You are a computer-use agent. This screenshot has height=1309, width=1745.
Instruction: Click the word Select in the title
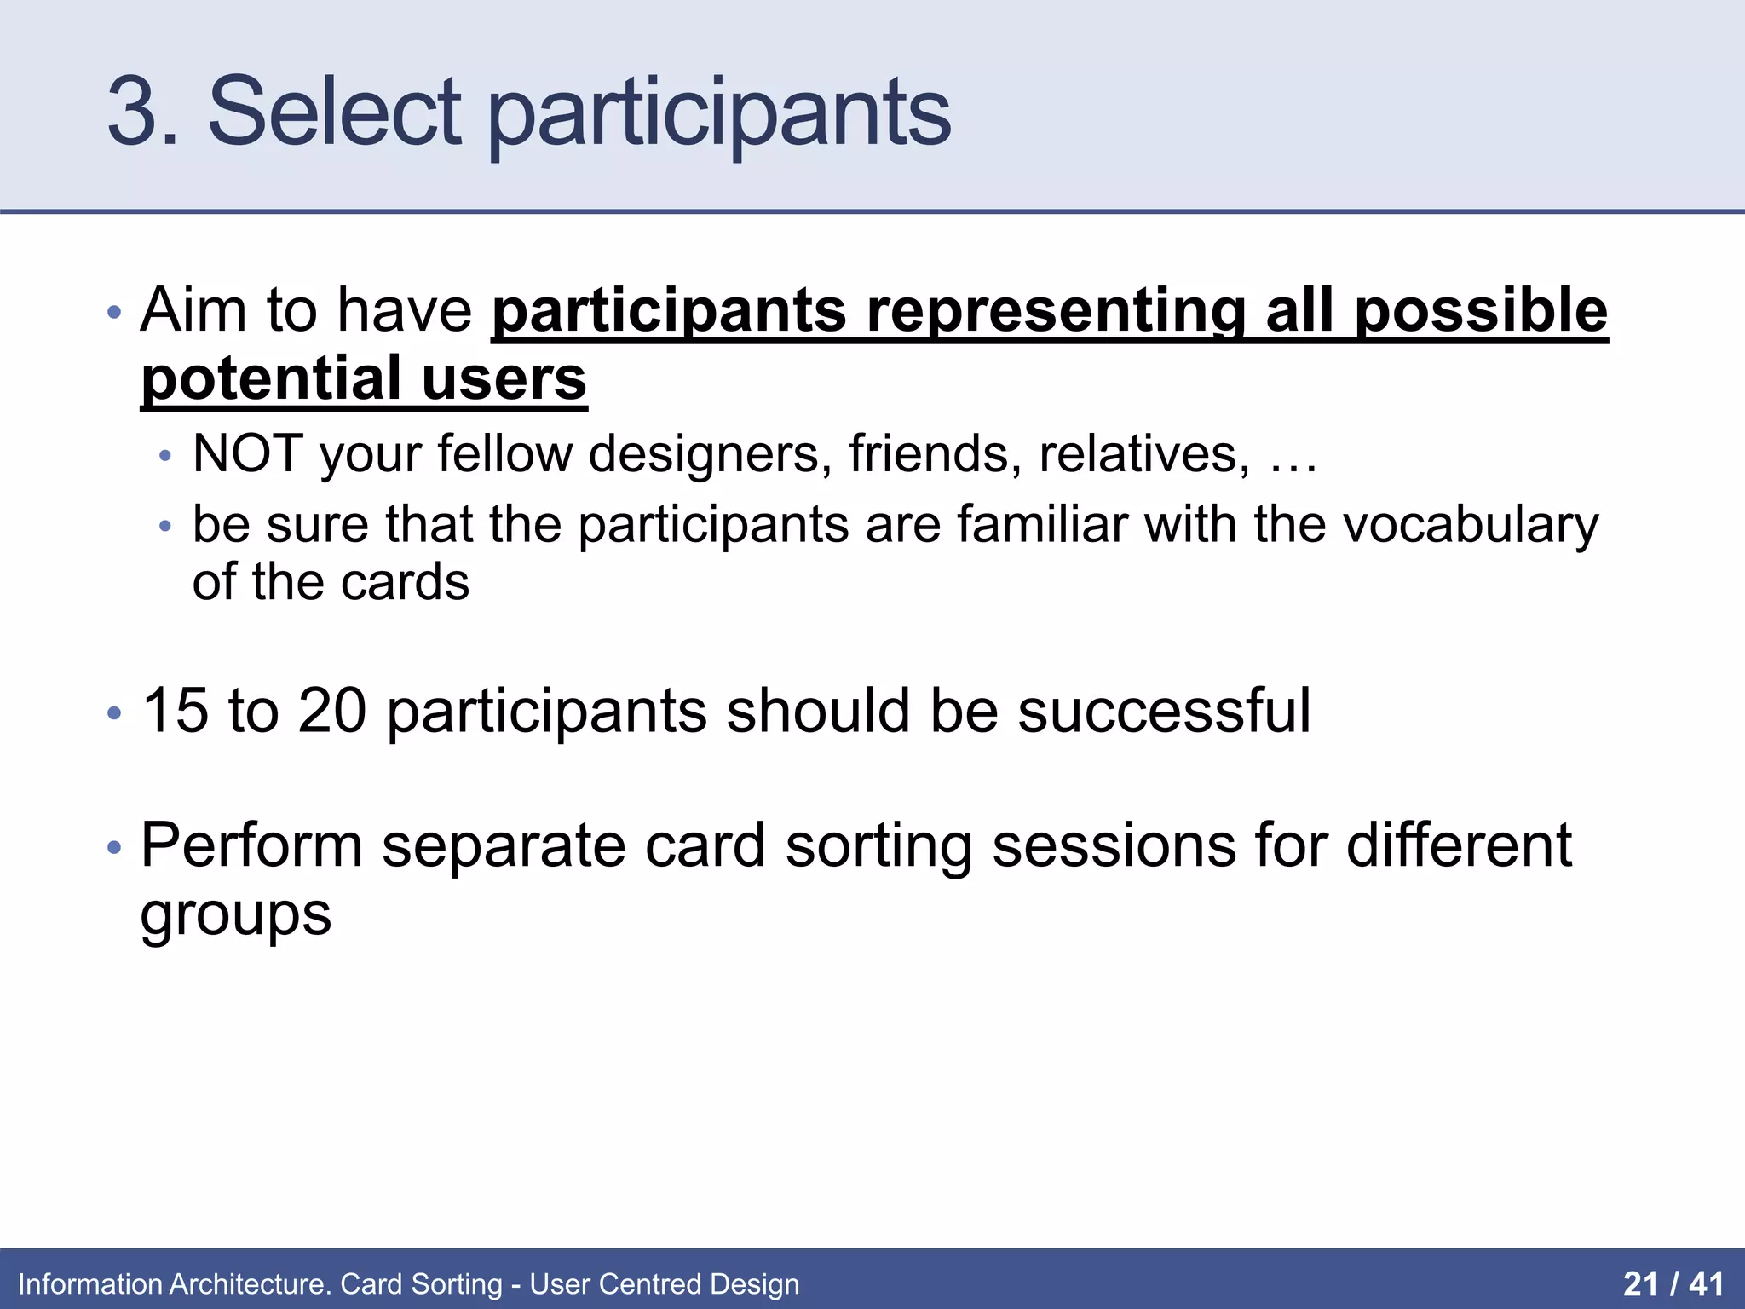(335, 111)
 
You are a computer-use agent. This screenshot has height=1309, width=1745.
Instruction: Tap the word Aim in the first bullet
(193, 309)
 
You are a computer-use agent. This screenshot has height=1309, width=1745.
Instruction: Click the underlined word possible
(1481, 313)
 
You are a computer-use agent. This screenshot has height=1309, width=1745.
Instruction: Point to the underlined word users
(504, 379)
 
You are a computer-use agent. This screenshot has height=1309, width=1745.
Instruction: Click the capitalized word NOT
(248, 453)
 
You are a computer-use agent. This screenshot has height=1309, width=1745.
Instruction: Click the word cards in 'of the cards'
(406, 582)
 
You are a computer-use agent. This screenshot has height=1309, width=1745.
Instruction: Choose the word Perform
(252, 845)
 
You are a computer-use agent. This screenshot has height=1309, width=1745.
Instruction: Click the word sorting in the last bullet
(878, 847)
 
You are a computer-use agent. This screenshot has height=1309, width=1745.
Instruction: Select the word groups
(236, 917)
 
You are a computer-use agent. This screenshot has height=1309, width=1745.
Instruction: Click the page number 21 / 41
(1673, 1283)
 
